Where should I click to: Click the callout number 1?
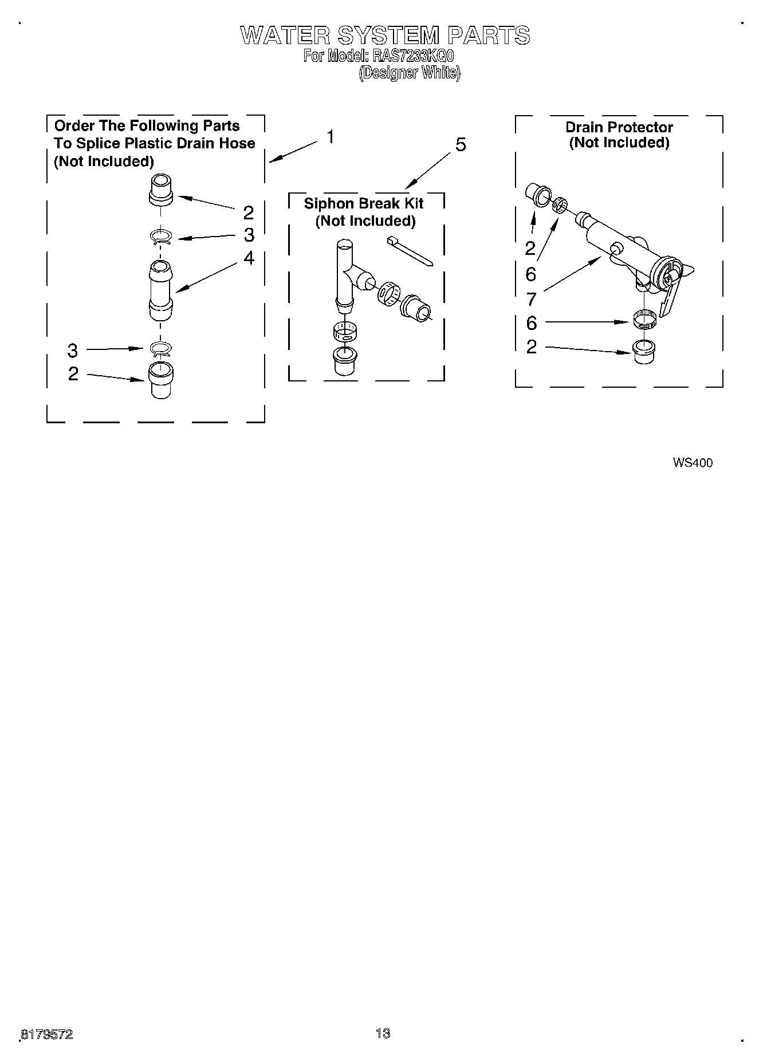(331, 137)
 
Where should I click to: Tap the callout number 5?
(461, 145)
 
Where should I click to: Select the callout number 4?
(249, 258)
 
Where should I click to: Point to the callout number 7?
(532, 299)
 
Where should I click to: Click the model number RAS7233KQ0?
(412, 56)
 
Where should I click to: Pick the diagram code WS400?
(693, 463)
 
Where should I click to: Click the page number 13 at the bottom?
(383, 1033)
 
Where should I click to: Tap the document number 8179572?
(47, 1034)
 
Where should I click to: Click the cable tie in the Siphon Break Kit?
(410, 250)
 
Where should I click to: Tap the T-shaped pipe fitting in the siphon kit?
(347, 274)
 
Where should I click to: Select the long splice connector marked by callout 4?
(161, 290)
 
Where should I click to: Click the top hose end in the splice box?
(160, 190)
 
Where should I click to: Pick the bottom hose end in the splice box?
(161, 380)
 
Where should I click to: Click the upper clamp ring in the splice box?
(161, 237)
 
